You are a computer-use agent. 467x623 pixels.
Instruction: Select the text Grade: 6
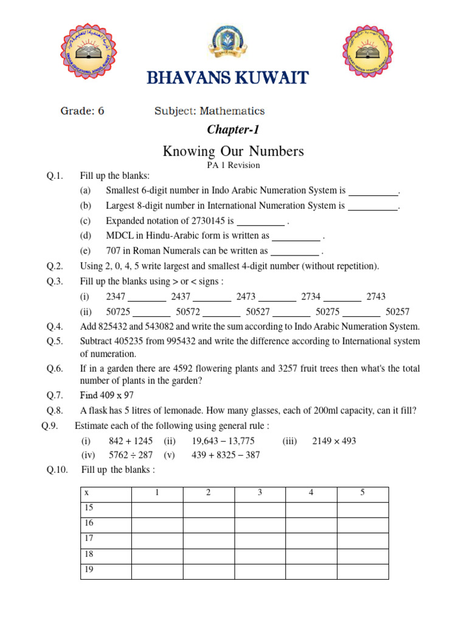coord(82,111)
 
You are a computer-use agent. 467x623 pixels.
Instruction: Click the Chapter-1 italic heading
coord(229,129)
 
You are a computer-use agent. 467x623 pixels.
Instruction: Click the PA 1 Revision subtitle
coord(233,165)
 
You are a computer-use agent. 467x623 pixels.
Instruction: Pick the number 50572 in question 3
coord(188,311)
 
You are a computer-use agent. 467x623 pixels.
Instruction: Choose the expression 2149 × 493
coord(334,440)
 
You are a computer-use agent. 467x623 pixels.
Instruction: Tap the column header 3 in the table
coord(260,493)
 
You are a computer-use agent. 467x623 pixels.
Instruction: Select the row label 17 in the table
coord(89,538)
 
